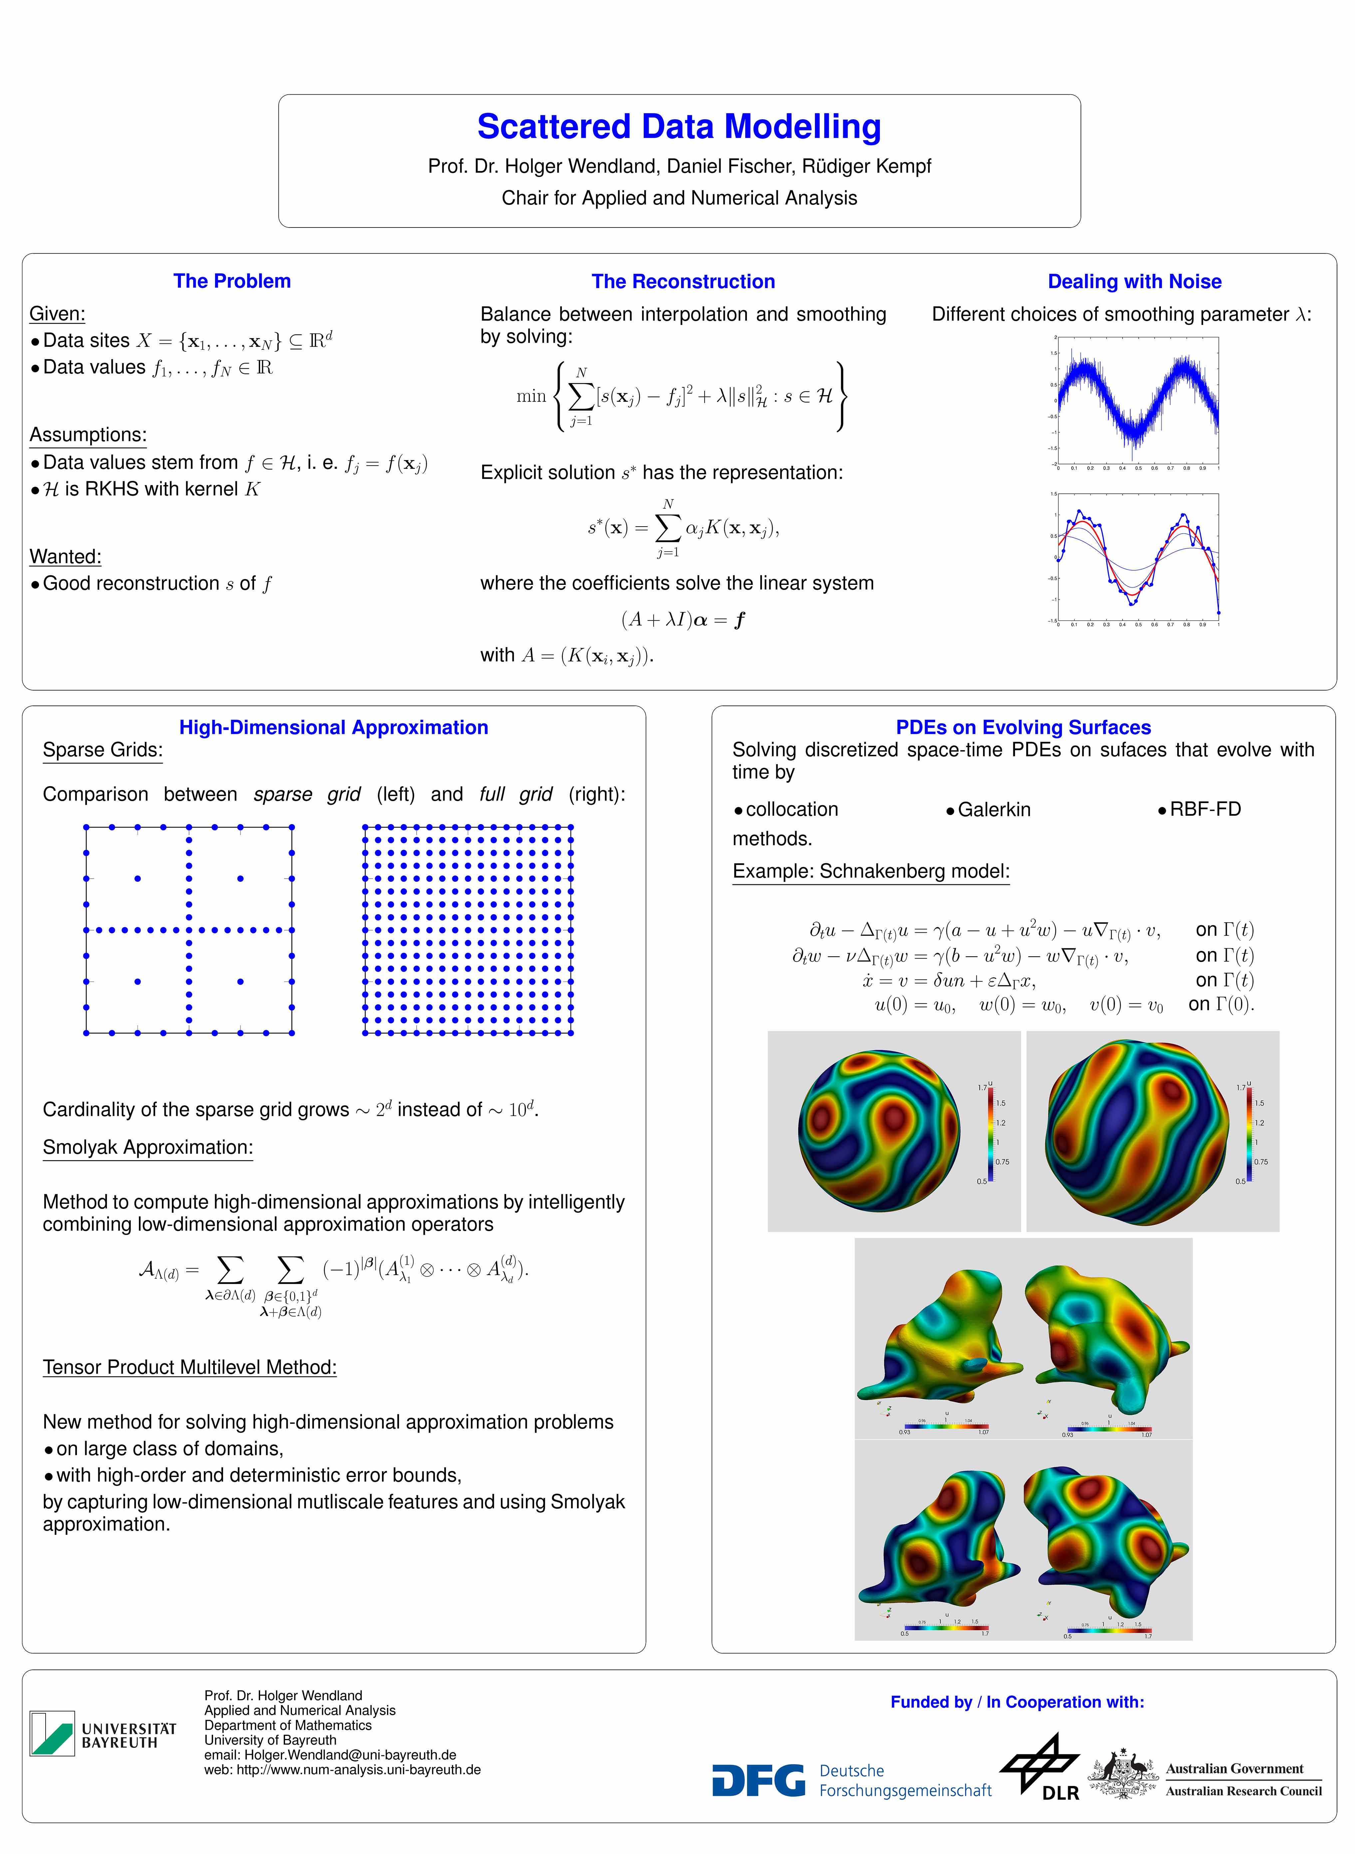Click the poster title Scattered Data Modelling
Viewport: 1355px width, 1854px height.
(x=679, y=127)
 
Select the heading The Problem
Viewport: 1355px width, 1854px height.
(x=232, y=281)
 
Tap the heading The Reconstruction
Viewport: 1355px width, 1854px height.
(x=683, y=282)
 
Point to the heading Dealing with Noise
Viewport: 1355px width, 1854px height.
(x=1134, y=282)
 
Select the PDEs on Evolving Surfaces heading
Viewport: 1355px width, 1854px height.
(x=1023, y=728)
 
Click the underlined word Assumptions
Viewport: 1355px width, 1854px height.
(x=88, y=435)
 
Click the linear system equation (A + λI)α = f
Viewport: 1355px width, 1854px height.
(x=683, y=620)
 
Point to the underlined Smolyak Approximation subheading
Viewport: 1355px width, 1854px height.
(x=148, y=1148)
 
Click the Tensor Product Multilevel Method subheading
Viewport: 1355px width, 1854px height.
(x=189, y=1368)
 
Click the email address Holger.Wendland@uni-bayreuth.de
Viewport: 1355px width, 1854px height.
(x=349, y=1755)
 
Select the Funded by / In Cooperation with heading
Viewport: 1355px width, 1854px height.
(x=1017, y=1702)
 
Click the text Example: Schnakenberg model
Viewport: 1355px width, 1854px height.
(x=870, y=871)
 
